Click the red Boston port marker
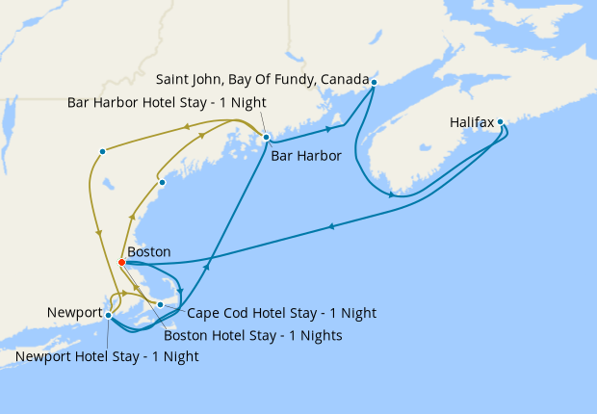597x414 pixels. (121, 262)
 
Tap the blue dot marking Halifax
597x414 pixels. (500, 122)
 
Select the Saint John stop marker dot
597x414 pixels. (373, 83)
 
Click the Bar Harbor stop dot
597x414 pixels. (267, 138)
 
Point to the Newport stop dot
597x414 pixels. (109, 315)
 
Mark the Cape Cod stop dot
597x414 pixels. (161, 304)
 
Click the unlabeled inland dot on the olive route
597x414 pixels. (102, 151)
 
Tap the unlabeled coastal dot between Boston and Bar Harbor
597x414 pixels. (162, 182)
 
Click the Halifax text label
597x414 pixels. (471, 123)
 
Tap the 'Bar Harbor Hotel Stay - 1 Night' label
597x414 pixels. (167, 102)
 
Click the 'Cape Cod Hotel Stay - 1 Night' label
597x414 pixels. (268, 313)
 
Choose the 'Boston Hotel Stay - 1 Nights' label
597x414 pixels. (252, 336)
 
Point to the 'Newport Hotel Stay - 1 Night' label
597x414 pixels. (107, 356)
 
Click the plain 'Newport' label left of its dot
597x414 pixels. (74, 313)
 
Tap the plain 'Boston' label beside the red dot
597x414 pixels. (148, 251)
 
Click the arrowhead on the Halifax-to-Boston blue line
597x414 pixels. (330, 227)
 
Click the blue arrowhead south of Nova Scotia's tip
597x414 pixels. (391, 195)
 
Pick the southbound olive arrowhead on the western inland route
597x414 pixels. (99, 234)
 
